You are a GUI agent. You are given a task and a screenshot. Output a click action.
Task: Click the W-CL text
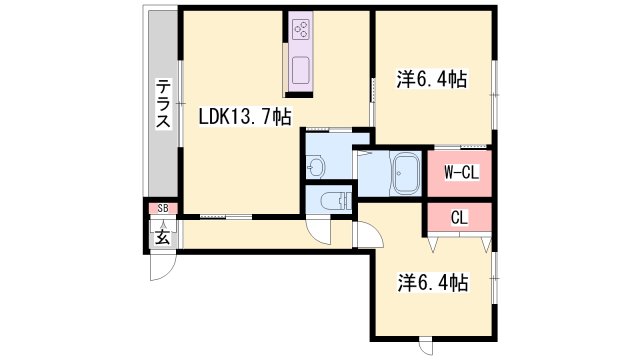point(461,172)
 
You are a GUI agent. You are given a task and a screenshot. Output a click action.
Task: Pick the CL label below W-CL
point(460,216)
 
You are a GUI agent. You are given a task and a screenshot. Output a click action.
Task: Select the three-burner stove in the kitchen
point(301,30)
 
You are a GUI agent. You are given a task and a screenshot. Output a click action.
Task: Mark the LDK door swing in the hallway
point(322,232)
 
